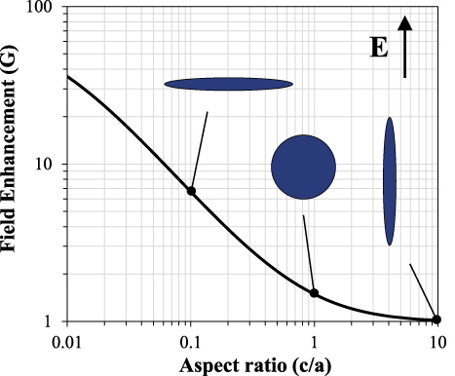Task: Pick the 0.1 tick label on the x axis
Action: click(x=190, y=342)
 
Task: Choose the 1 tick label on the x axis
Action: click(x=314, y=342)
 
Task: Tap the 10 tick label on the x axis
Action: click(x=436, y=342)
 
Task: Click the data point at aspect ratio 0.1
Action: click(x=191, y=191)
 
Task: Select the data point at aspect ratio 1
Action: click(x=314, y=292)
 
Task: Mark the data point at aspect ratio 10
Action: click(x=436, y=320)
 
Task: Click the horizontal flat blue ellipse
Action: click(x=229, y=85)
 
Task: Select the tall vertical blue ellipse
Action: click(x=390, y=181)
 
